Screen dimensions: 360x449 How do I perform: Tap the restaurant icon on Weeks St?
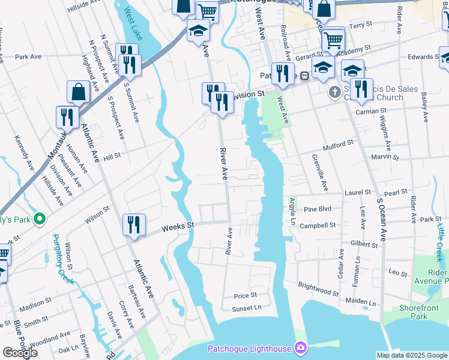(134, 225)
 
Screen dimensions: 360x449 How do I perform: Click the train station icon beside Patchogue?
(305, 76)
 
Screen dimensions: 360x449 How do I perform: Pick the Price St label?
(245, 296)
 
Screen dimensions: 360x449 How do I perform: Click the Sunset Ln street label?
(247, 308)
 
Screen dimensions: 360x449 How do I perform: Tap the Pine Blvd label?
(318, 209)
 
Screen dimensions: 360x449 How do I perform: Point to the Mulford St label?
(339, 145)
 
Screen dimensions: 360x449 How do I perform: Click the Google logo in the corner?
(20, 353)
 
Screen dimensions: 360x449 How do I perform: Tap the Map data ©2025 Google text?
(411, 355)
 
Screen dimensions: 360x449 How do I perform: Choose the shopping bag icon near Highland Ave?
(79, 93)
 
